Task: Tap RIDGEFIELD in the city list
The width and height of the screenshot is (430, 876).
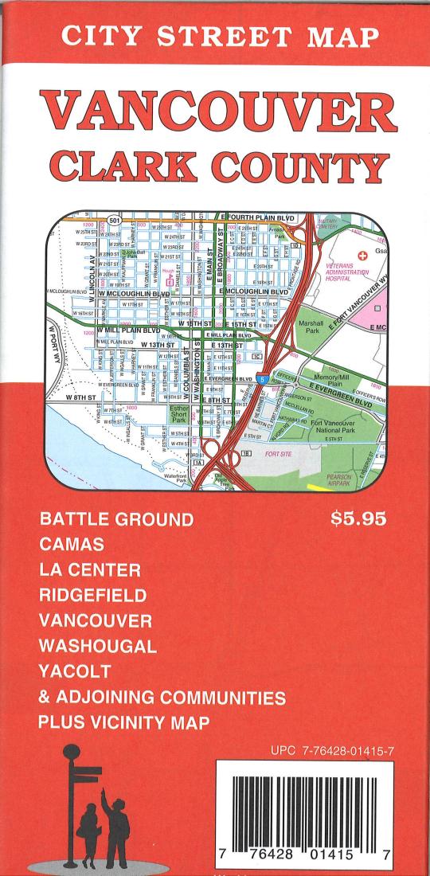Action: coord(92,595)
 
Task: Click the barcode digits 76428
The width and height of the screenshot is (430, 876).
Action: coord(265,853)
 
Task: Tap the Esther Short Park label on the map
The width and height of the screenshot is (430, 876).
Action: coord(179,414)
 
